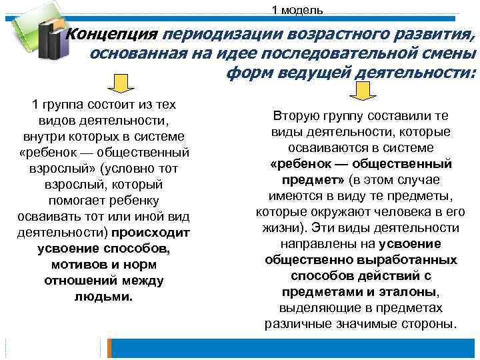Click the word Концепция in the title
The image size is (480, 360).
[x=113, y=33]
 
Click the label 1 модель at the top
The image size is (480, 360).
[x=297, y=9]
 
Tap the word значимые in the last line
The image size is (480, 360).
[x=378, y=324]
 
